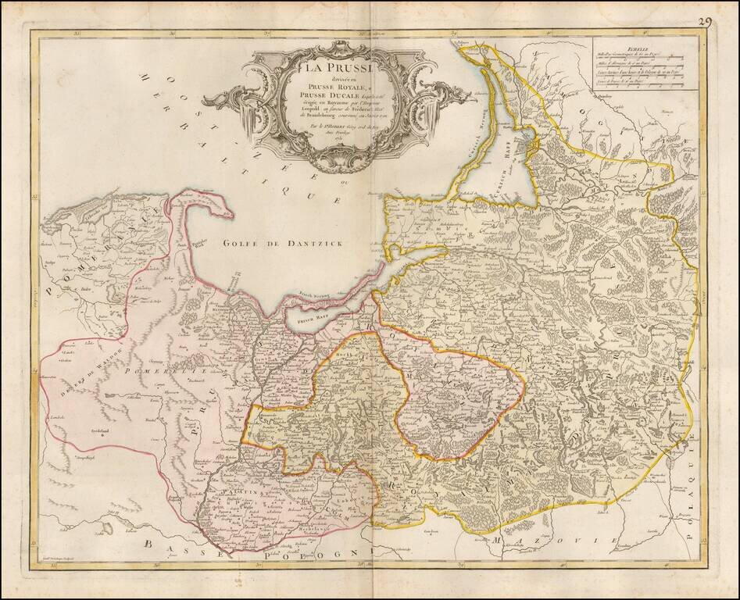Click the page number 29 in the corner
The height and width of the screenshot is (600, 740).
pyautogui.click(x=706, y=22)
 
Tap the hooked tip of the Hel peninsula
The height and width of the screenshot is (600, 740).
pyautogui.click(x=227, y=211)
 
